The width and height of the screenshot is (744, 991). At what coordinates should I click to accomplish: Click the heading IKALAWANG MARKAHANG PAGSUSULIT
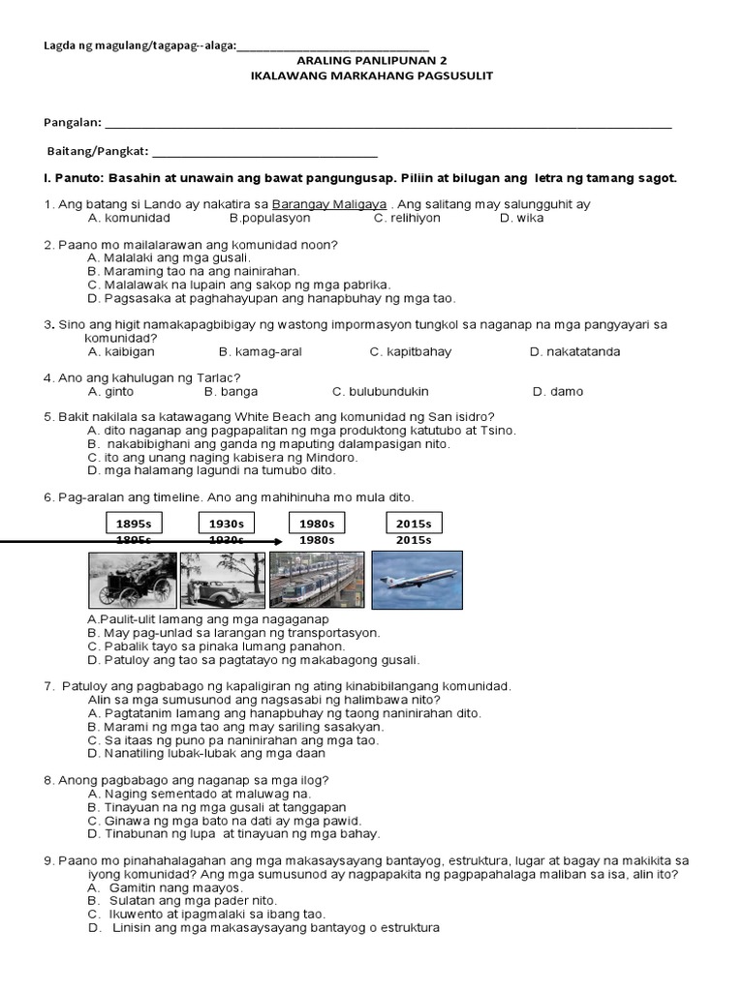(372, 75)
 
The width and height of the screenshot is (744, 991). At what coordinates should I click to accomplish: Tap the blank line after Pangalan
(387, 125)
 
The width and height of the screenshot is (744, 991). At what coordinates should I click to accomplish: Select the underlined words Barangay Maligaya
(330, 204)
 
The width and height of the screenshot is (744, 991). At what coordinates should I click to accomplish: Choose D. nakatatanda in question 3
(574, 351)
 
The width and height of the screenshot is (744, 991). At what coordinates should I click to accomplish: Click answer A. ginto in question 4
(110, 392)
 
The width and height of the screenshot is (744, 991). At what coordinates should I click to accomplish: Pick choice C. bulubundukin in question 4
(380, 392)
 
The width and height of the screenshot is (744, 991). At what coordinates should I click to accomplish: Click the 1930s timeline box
(226, 524)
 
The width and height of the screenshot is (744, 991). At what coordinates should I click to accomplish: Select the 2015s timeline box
(414, 524)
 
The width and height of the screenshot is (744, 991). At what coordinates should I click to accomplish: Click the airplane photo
(416, 580)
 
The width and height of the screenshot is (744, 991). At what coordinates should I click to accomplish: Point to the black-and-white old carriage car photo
(132, 580)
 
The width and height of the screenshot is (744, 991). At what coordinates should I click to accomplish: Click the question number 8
(48, 779)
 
